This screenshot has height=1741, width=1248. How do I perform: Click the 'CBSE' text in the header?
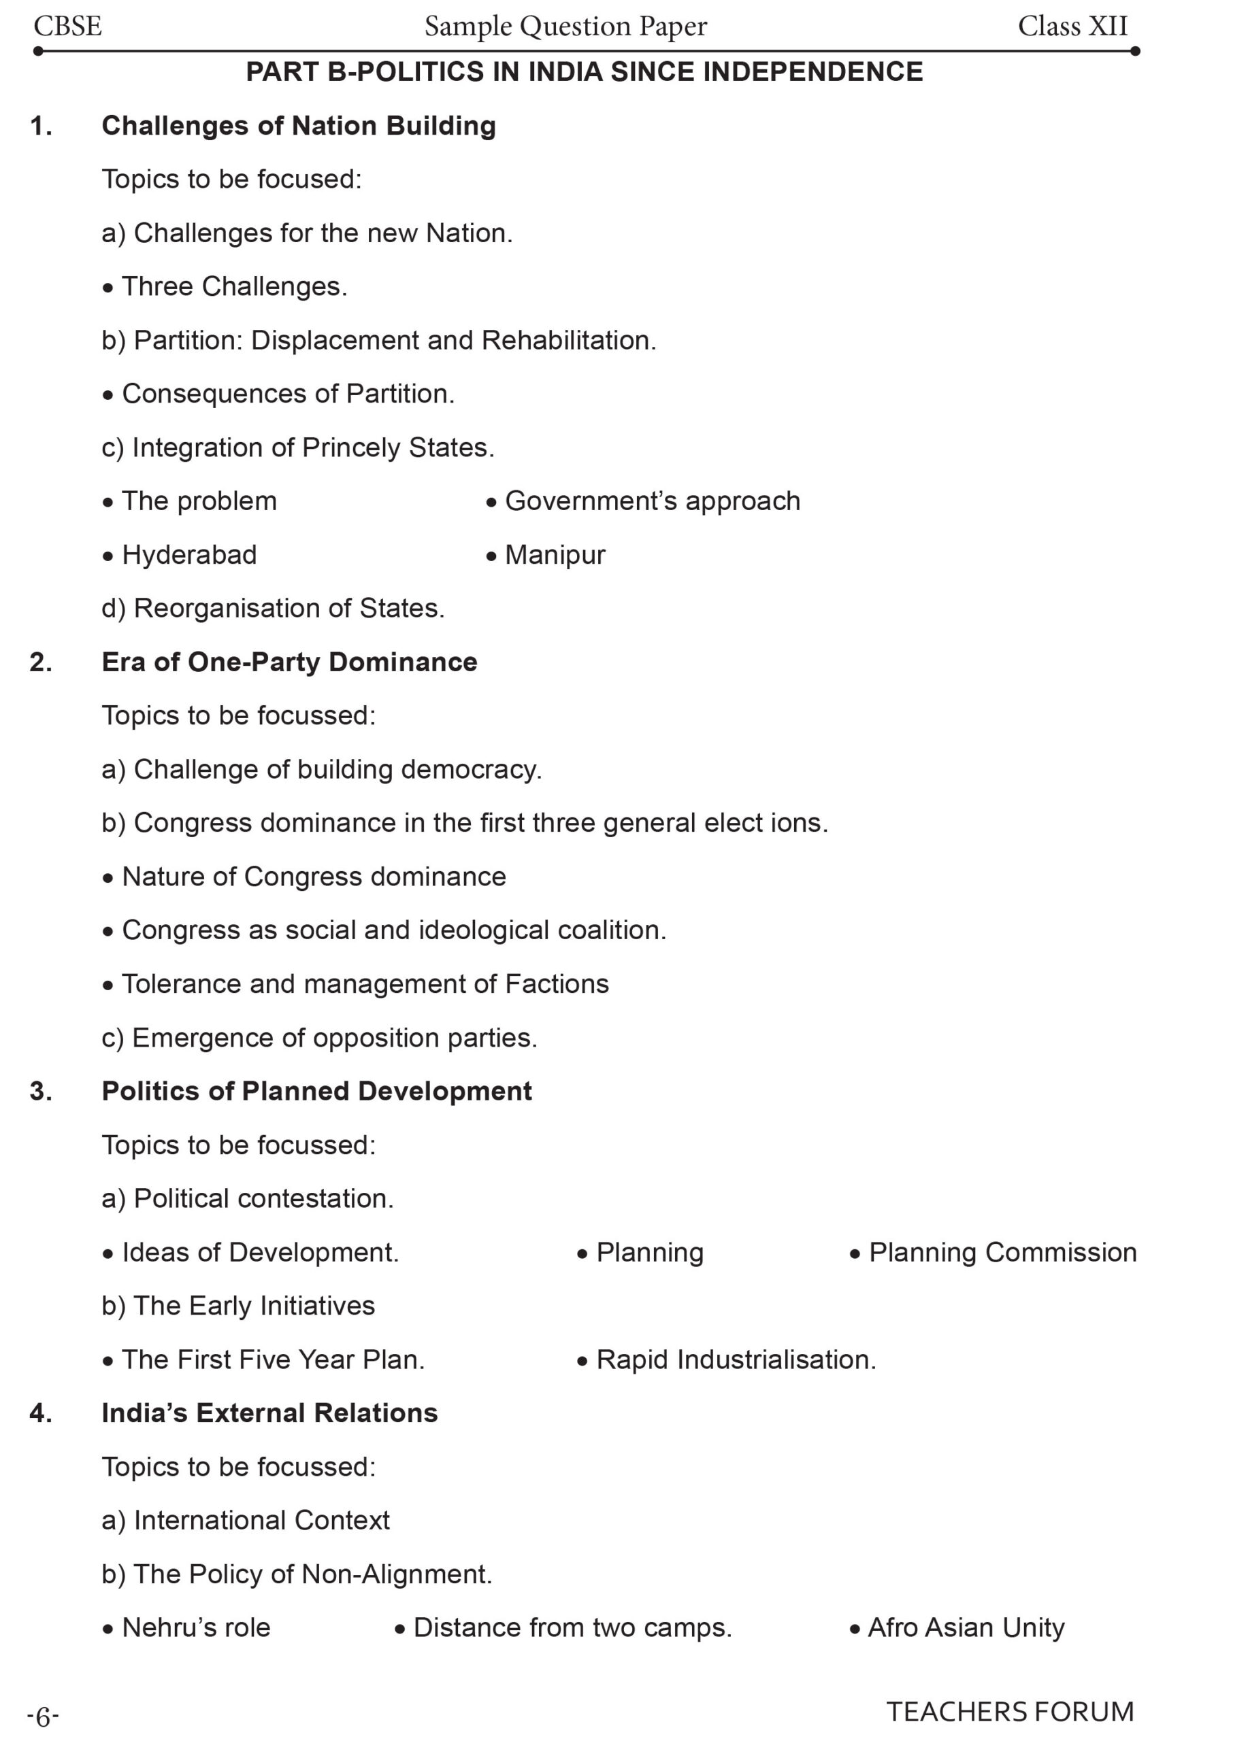click(67, 27)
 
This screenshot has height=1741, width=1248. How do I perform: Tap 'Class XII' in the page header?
click(1072, 27)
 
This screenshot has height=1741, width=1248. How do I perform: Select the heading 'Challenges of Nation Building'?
click(298, 126)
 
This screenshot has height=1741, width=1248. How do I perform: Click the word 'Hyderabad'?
click(189, 555)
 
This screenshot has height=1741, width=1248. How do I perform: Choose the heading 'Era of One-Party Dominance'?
click(289, 662)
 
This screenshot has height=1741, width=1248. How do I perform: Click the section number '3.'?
click(42, 1092)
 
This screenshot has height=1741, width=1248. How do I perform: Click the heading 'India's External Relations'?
click(269, 1413)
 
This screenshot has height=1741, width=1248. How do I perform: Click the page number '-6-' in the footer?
click(43, 1717)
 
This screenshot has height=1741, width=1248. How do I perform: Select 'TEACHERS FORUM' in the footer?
click(1009, 1712)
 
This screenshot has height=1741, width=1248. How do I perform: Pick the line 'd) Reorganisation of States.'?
click(273, 609)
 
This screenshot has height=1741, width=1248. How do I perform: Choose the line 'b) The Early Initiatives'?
click(238, 1306)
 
